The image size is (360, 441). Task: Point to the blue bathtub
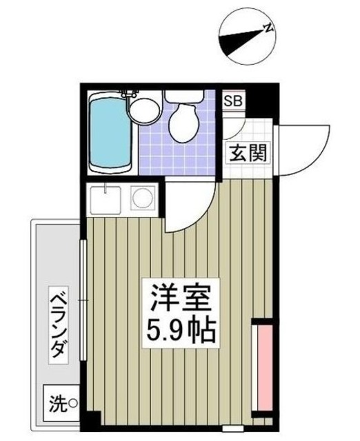[110, 135]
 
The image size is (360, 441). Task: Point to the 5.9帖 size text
[180, 333]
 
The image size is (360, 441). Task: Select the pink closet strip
[261, 369]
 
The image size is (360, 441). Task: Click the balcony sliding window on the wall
[82, 300]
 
